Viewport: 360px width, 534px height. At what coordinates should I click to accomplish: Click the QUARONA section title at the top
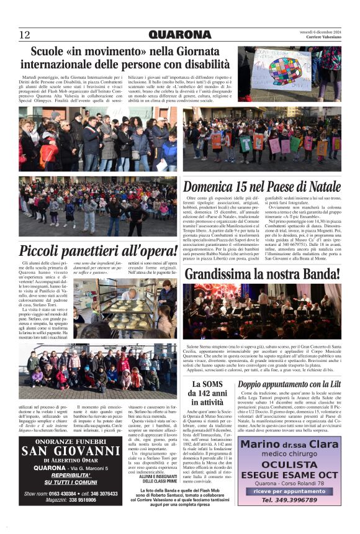point(179,34)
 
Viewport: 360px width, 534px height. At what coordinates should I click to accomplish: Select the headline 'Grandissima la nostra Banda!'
point(261,273)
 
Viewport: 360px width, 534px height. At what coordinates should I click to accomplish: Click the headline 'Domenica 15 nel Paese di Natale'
point(261,186)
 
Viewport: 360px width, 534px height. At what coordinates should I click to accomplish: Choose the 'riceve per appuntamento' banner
point(289,491)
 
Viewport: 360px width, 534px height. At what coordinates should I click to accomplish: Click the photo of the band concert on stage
point(261,311)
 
